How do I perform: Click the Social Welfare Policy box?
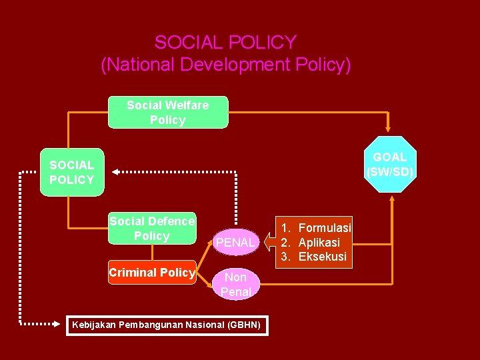[168, 112]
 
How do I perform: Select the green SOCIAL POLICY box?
[72, 172]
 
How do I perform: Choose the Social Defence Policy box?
[152, 228]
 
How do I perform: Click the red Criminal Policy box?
[152, 272]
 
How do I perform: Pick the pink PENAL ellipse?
[235, 243]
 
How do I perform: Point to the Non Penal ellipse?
[235, 285]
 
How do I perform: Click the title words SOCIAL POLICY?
[225, 43]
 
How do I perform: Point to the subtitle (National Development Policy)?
[225, 65]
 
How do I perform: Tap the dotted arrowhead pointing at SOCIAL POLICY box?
[115, 172]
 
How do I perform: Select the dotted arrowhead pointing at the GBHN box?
[57, 325]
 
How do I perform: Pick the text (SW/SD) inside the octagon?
[390, 172]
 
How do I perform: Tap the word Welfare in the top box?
[187, 105]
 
